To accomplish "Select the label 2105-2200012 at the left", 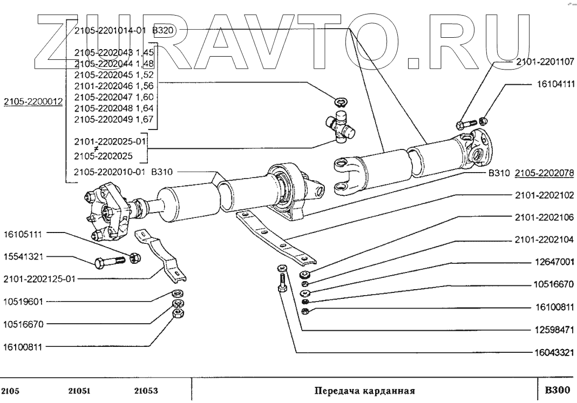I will tap(33, 101).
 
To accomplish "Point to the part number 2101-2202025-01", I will tap(110, 141).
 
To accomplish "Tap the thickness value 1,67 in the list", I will tap(145, 119).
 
